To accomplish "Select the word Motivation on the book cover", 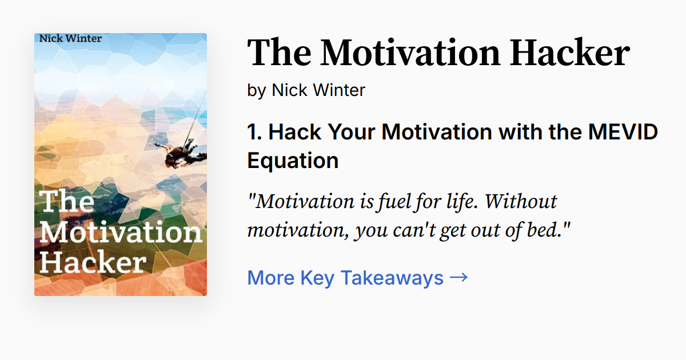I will tap(120, 231).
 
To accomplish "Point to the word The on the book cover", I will tap(67, 202).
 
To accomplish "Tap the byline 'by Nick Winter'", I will tap(306, 90).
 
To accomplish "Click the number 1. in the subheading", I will tap(254, 132).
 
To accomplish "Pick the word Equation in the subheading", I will tap(293, 161).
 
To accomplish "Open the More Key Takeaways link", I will tap(345, 278).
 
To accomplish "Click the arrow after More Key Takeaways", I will tap(458, 277).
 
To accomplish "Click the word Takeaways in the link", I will tap(392, 278).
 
